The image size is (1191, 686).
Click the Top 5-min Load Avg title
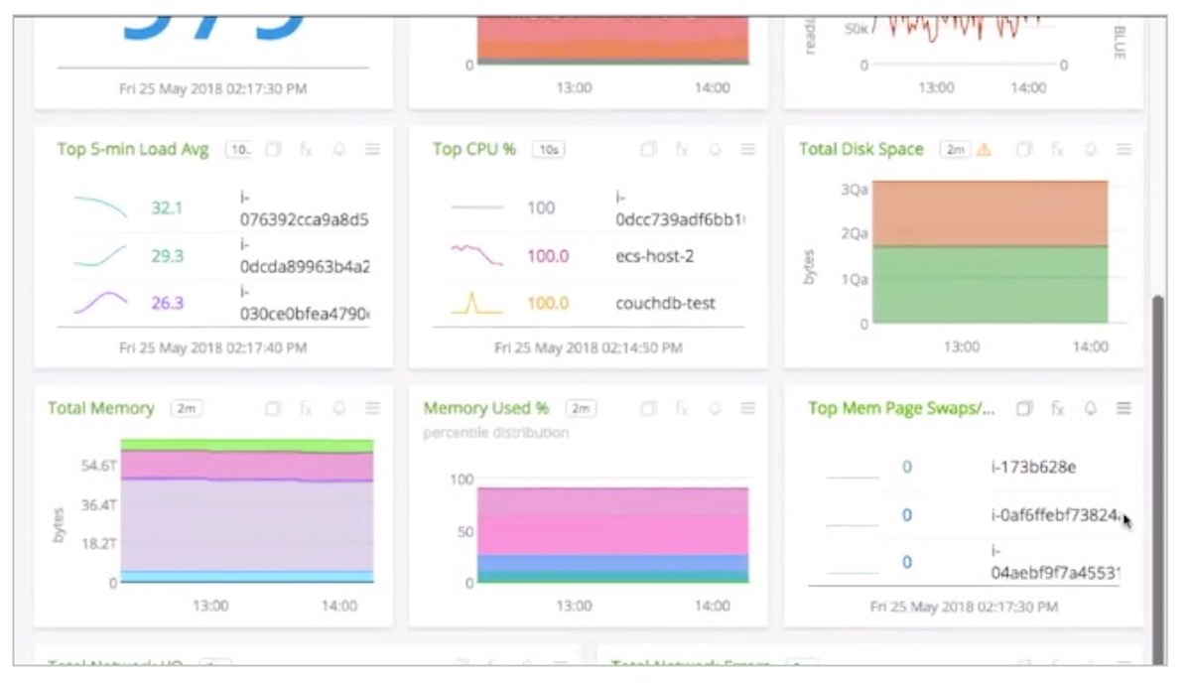[133, 150]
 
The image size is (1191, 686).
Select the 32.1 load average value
[167, 208]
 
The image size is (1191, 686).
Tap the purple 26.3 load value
[167, 303]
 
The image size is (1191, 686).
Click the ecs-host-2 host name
[655, 256]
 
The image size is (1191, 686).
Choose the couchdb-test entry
[665, 303]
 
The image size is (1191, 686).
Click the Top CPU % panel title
[474, 150]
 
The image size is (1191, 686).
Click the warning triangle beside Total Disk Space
[984, 150]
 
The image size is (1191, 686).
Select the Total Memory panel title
[101, 408]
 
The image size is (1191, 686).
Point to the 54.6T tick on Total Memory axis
[99, 466]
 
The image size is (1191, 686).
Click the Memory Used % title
[486, 408]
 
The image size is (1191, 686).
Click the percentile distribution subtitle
[496, 433]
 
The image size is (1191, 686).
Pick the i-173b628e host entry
[1033, 467]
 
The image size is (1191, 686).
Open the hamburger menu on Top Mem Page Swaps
[1124, 408]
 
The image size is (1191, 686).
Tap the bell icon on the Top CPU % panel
[715, 150]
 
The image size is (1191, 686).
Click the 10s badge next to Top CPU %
[548, 150]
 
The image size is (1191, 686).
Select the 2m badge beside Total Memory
[187, 408]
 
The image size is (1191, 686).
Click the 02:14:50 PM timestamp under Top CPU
[589, 348]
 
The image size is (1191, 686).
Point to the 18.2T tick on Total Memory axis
[99, 544]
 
